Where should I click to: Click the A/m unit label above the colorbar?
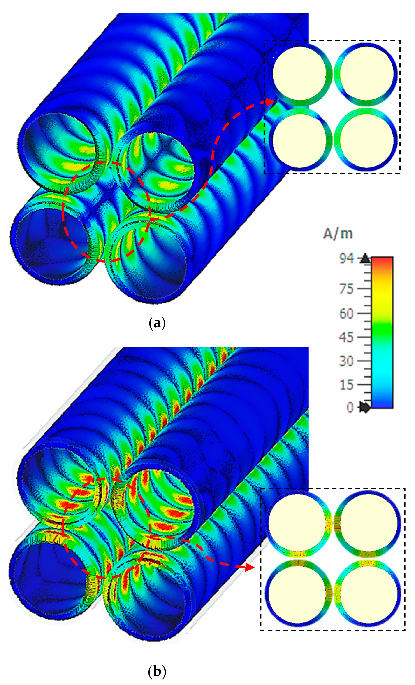click(x=338, y=234)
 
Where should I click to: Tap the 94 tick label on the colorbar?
click(x=346, y=259)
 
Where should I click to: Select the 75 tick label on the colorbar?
click(x=346, y=289)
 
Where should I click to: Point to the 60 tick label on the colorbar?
click(x=346, y=313)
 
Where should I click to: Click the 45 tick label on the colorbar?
click(x=346, y=337)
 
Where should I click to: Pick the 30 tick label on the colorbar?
click(x=346, y=361)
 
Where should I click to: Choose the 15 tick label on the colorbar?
click(x=346, y=385)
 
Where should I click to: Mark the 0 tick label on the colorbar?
click(x=350, y=408)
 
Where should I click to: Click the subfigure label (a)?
click(x=157, y=323)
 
